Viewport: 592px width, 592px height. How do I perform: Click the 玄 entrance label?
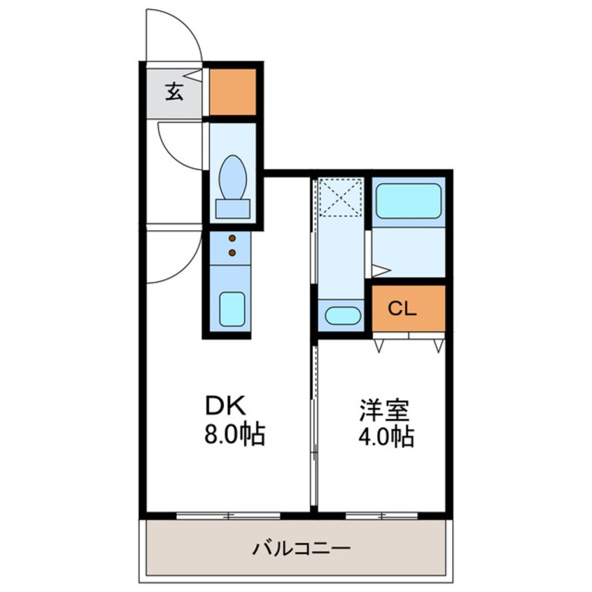[x=174, y=92]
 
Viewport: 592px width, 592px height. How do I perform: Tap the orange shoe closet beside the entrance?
[x=232, y=92]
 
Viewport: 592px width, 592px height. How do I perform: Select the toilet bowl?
[x=233, y=177]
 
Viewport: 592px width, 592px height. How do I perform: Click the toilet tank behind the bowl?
[x=232, y=209]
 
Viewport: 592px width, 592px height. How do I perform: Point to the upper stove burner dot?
[x=232, y=238]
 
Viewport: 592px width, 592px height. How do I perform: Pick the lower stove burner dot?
[x=232, y=252]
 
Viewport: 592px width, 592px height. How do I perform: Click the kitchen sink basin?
[x=232, y=309]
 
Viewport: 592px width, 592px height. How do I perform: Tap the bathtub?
[x=408, y=202]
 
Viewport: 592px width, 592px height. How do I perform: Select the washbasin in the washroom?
[x=343, y=316]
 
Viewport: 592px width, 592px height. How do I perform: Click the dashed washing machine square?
[x=341, y=197]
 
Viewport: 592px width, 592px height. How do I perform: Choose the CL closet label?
[x=402, y=309]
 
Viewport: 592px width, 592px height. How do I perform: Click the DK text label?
[x=225, y=407]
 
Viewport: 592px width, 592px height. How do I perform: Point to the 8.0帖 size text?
[x=234, y=435]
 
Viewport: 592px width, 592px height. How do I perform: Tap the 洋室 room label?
[x=384, y=410]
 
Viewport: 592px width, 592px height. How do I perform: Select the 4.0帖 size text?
[x=386, y=437]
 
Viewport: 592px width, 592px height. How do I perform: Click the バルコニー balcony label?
[x=302, y=548]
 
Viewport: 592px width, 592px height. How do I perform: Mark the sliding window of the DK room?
[x=228, y=516]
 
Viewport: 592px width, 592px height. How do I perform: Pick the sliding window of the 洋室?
[x=381, y=516]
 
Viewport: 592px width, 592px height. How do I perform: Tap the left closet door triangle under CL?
[x=379, y=346]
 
